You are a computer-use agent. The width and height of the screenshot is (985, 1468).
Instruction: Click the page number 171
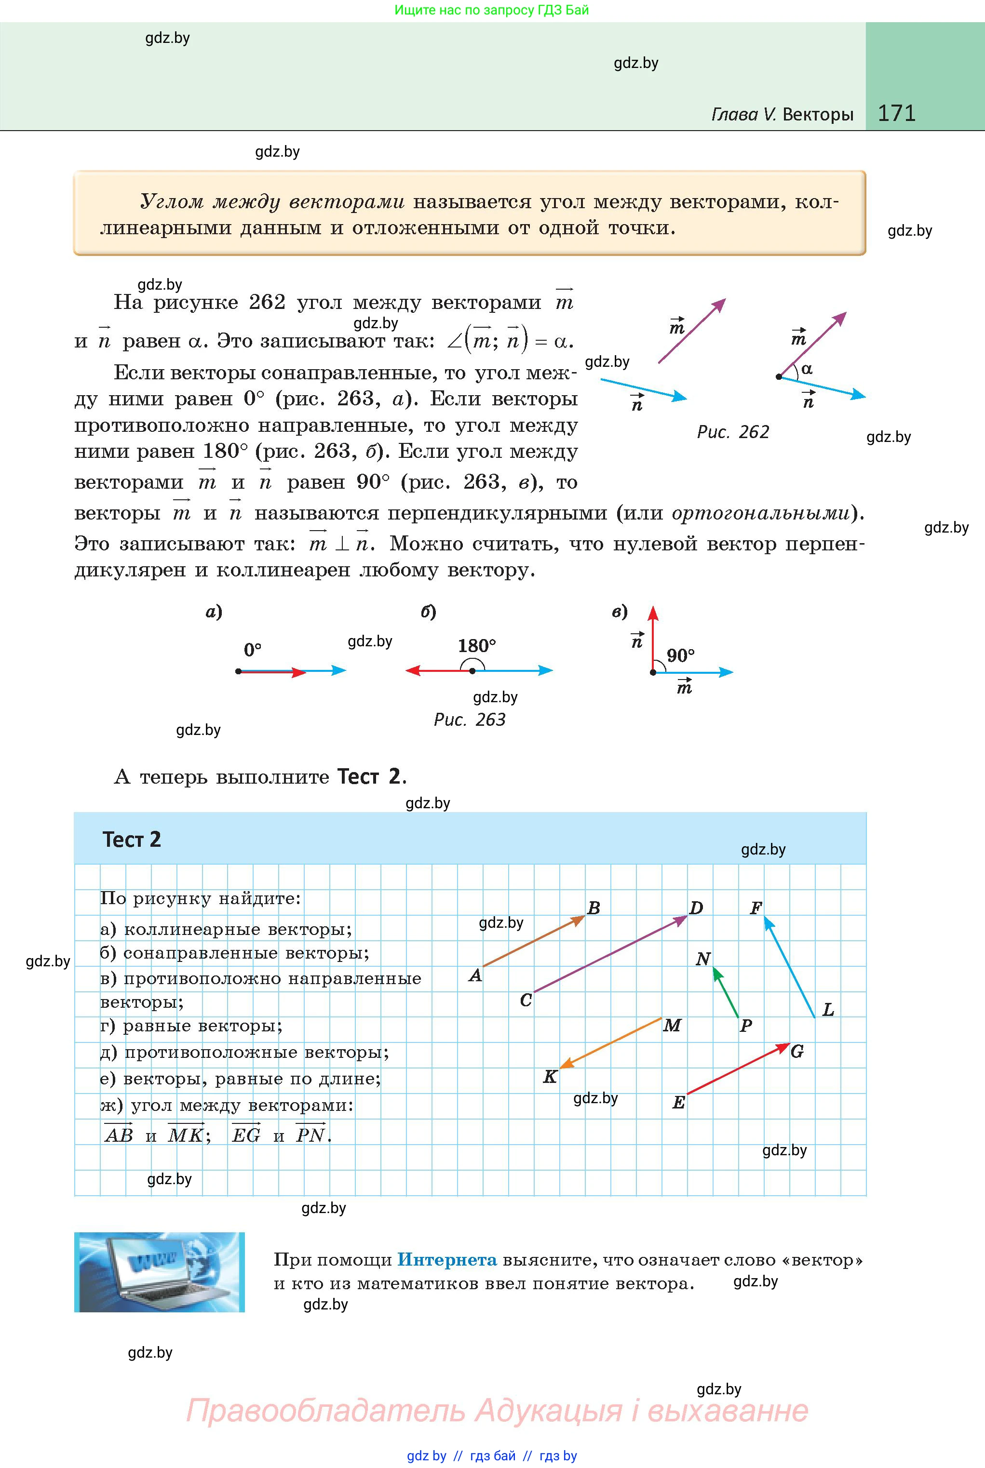pyautogui.click(x=896, y=113)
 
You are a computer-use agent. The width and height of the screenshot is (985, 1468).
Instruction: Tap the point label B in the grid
pyautogui.click(x=594, y=908)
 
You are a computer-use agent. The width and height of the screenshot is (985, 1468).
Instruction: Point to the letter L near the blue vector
pyautogui.click(x=828, y=1010)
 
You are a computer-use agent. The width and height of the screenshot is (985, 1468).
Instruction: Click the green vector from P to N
pyautogui.click(x=726, y=993)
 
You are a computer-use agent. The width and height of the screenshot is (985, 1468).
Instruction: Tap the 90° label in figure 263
pyautogui.click(x=681, y=655)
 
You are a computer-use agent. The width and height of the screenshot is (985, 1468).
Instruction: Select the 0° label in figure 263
pyautogui.click(x=253, y=650)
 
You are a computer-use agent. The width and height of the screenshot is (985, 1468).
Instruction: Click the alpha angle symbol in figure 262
pyautogui.click(x=807, y=369)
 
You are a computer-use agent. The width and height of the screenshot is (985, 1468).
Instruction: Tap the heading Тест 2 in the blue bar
pyautogui.click(x=132, y=840)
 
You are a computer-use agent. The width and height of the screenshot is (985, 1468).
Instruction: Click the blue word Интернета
pyautogui.click(x=447, y=1259)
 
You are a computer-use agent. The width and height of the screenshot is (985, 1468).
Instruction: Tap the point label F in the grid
pyautogui.click(x=756, y=908)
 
